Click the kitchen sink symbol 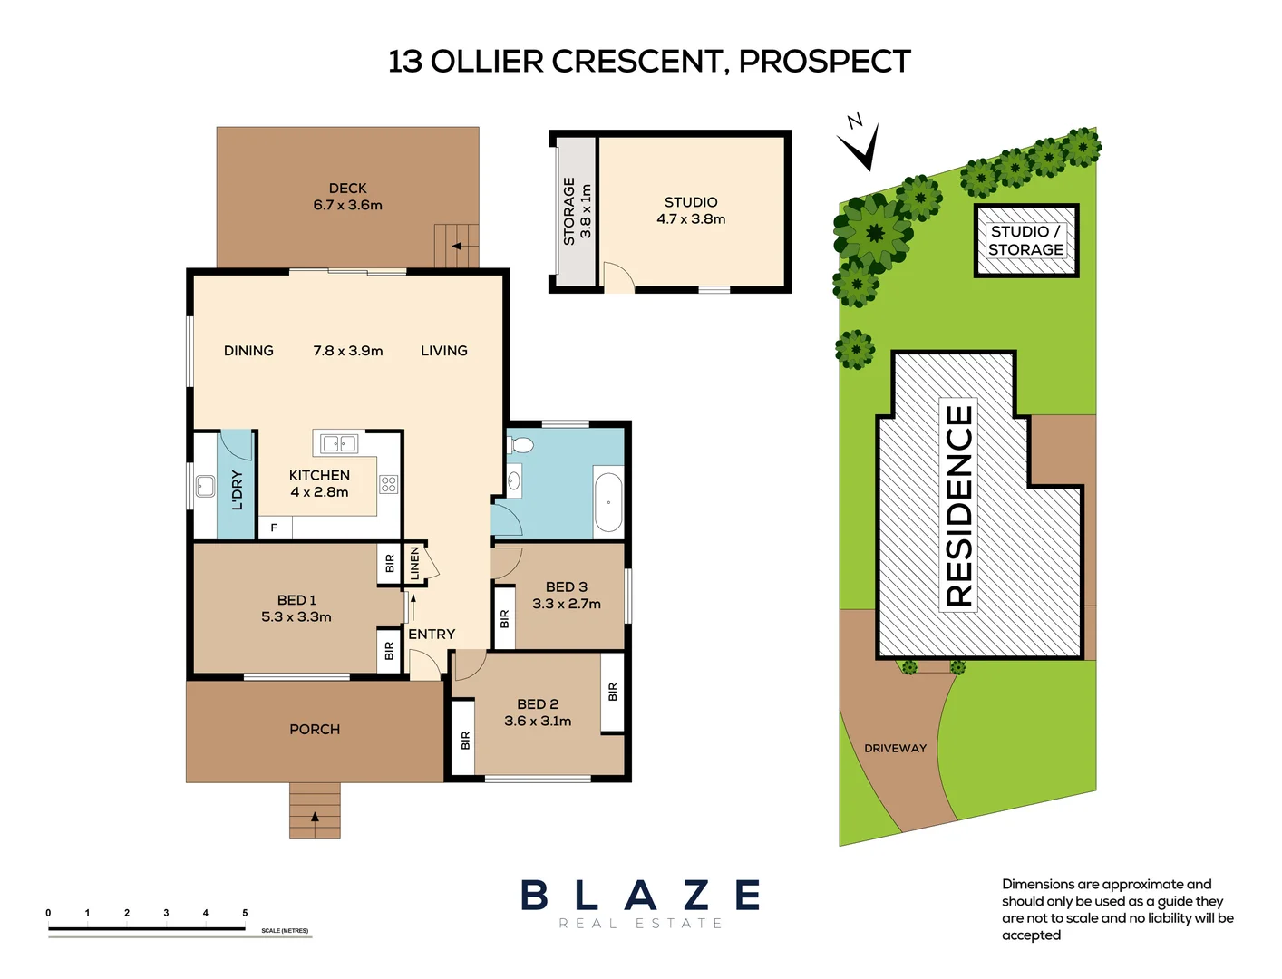[339, 443]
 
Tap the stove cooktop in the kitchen [388, 484]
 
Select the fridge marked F [274, 528]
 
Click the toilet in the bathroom [521, 445]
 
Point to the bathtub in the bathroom [608, 500]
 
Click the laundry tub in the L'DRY [206, 486]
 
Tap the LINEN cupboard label [415, 563]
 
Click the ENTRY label [432, 635]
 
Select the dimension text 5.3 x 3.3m [296, 617]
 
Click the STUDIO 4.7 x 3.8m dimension [691, 219]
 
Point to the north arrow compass [860, 142]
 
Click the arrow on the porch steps [315, 817]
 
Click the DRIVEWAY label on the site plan [895, 749]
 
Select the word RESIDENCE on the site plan [958, 505]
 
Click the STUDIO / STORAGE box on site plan [1025, 240]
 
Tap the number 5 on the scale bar [245, 913]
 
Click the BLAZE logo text [640, 896]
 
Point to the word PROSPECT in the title [824, 62]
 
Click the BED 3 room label [566, 587]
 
